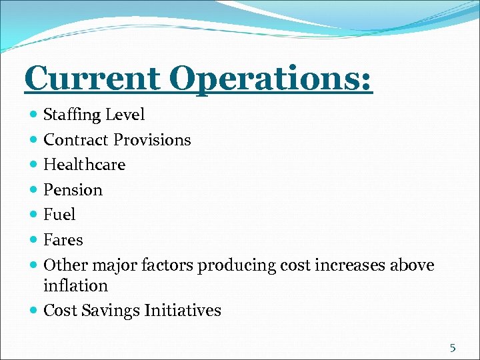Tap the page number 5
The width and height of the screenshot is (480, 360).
tap(453, 347)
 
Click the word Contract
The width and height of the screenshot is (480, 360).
tap(76, 140)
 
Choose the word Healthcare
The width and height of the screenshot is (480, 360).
tap(84, 165)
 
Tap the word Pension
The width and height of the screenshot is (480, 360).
tap(73, 190)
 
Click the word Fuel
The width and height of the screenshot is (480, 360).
tap(59, 215)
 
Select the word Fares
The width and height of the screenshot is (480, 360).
tap(63, 240)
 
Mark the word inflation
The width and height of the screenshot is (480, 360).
tap(75, 286)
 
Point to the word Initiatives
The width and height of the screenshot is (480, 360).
tap(179, 311)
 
